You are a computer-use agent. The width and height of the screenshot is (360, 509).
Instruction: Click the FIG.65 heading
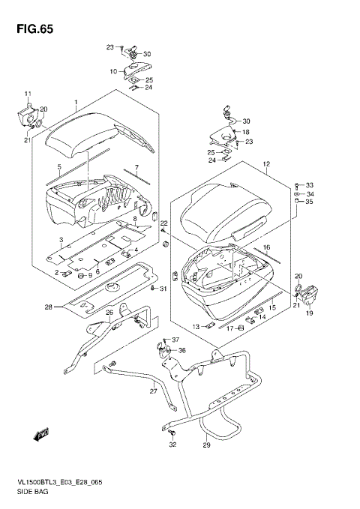34,29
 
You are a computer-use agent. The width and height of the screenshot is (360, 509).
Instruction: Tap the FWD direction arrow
41,434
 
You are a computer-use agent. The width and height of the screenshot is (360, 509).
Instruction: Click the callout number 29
207,445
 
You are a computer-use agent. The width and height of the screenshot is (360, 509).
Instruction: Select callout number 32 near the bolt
172,445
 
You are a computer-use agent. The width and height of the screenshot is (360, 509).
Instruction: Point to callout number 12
266,164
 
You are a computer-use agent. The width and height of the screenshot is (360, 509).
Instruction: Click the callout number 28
49,307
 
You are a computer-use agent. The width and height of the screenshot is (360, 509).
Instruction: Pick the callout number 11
28,94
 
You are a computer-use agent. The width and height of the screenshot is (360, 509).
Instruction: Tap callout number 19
309,313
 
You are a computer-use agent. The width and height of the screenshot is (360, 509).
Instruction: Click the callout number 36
182,350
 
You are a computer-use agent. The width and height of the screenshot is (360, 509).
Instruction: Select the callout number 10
113,71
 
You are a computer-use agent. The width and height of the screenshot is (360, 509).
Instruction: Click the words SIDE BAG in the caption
32,492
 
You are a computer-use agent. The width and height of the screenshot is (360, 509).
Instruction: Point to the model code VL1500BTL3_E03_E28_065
59,482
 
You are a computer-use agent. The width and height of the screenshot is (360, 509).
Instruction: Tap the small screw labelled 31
152,289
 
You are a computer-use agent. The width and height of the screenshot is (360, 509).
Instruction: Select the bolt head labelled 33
296,185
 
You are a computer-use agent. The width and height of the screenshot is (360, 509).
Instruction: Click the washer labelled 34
296,194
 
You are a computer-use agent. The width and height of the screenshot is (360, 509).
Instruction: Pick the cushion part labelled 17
241,328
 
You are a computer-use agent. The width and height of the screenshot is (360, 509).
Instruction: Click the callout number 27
153,391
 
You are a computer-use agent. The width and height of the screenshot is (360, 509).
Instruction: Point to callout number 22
163,223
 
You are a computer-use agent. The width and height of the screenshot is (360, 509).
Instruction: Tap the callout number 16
266,247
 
